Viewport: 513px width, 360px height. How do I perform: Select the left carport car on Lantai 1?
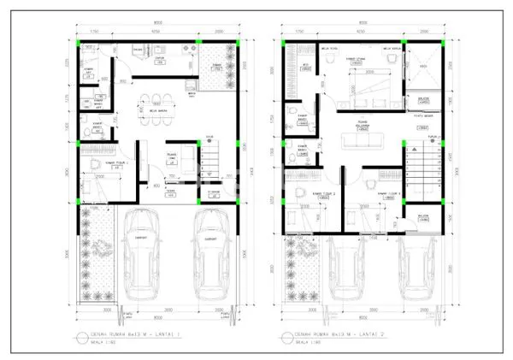click(139, 257)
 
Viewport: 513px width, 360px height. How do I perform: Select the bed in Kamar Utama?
click(365, 86)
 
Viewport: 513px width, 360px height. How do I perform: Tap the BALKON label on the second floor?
click(424, 216)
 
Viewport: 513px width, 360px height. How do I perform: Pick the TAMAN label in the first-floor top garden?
click(218, 65)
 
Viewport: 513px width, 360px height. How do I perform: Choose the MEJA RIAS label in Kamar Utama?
click(327, 50)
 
